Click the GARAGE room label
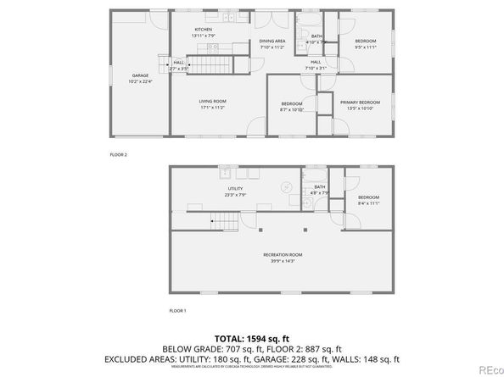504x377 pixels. (x=140, y=75)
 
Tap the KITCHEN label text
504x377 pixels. (x=204, y=30)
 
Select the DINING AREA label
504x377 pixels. (x=272, y=41)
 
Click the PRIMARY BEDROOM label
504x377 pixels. (x=363, y=102)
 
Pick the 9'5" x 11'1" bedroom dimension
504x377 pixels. (x=366, y=47)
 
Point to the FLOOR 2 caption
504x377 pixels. (x=118, y=154)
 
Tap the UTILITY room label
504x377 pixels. (x=236, y=188)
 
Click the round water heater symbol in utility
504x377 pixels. (x=287, y=186)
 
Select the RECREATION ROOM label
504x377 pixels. (x=283, y=254)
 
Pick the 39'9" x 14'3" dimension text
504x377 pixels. (x=283, y=260)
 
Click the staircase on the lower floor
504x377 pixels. (x=225, y=223)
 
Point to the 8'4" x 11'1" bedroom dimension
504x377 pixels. (x=368, y=203)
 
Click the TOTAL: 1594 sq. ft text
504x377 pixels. (x=252, y=339)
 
